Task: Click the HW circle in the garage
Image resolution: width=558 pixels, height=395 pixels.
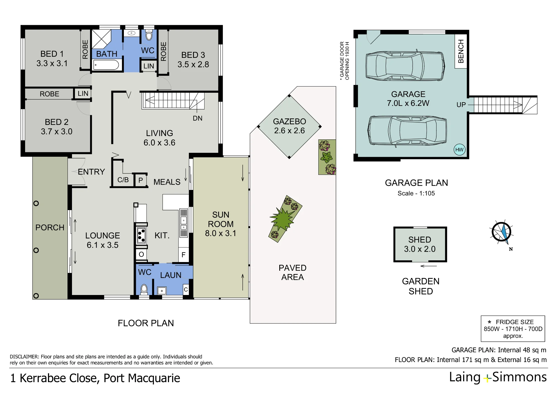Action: click(x=459, y=150)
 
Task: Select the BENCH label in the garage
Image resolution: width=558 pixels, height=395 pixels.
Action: click(x=461, y=51)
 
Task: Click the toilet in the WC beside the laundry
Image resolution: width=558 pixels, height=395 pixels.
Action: click(x=144, y=289)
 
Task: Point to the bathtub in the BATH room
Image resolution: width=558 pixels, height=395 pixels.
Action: click(x=106, y=65)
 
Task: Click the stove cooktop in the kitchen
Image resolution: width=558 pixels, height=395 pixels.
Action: click(x=141, y=235)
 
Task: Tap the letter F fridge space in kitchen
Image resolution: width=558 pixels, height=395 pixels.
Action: click(x=183, y=255)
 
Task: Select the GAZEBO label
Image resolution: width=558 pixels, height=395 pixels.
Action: click(x=289, y=122)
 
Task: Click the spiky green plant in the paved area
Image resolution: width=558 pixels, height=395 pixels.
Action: click(x=283, y=219)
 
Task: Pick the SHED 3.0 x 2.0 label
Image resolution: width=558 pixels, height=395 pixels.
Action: click(x=420, y=244)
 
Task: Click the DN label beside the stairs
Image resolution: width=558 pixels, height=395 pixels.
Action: click(x=198, y=118)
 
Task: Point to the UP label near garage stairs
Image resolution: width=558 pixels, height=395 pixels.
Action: click(x=461, y=105)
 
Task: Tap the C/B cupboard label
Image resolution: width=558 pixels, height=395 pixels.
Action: click(x=123, y=180)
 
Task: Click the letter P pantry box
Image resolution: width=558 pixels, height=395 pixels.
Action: click(x=141, y=180)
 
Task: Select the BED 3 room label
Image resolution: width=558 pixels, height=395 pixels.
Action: click(x=193, y=60)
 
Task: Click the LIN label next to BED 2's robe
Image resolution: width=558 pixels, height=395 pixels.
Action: click(x=83, y=94)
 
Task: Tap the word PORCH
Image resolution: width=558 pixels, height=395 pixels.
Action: click(x=50, y=228)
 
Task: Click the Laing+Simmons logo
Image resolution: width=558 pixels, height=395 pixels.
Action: click(x=498, y=377)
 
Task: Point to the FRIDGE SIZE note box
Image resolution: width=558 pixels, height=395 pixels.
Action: click(x=513, y=329)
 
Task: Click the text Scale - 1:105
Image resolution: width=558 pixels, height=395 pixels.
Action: click(x=416, y=193)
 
